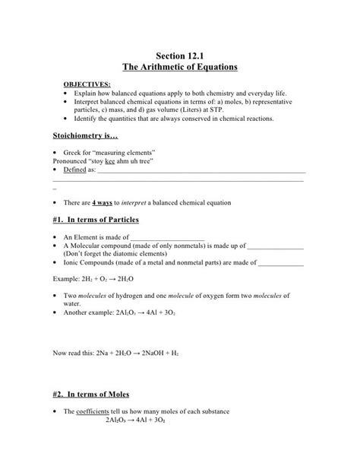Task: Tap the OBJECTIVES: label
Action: (x=86, y=84)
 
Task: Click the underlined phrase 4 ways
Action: (x=101, y=203)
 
